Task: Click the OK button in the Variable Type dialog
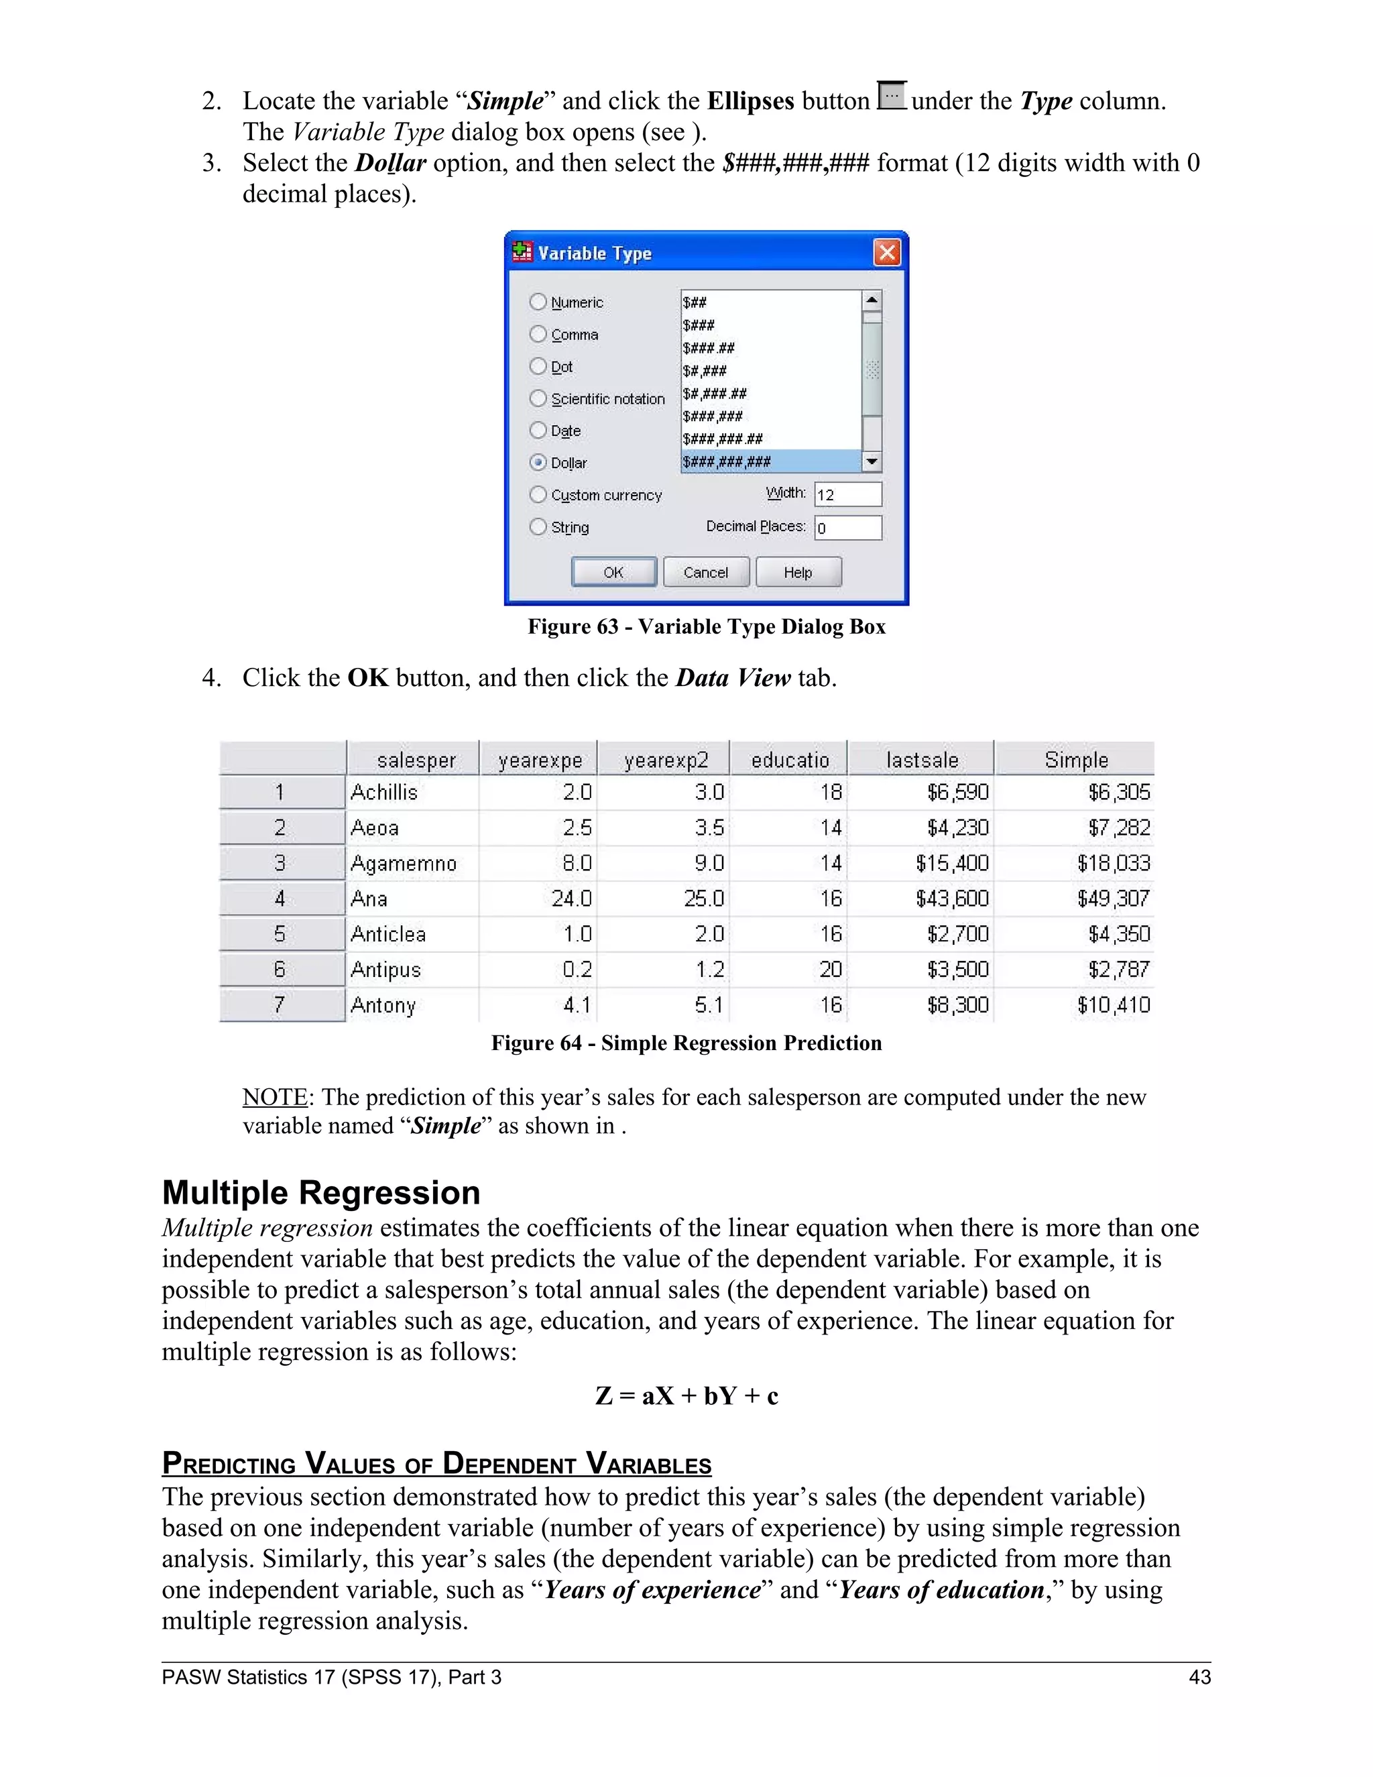click(x=613, y=572)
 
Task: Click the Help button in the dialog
click(x=798, y=572)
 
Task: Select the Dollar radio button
click(x=538, y=462)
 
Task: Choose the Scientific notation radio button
click(x=538, y=398)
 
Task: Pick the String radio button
click(x=538, y=526)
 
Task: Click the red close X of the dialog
click(x=886, y=252)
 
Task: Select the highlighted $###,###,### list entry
click(x=769, y=461)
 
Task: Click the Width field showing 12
click(x=847, y=494)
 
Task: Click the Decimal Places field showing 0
click(x=847, y=527)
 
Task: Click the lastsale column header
click(x=922, y=759)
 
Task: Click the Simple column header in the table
click(x=1075, y=759)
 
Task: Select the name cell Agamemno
click(x=404, y=863)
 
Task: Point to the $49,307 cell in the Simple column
click(x=1113, y=899)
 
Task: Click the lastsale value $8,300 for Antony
click(x=957, y=1005)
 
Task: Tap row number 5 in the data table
click(x=280, y=934)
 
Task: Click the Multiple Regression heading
click(x=321, y=1193)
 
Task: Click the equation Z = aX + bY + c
click(x=686, y=1396)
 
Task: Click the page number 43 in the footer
click(x=1199, y=1677)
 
